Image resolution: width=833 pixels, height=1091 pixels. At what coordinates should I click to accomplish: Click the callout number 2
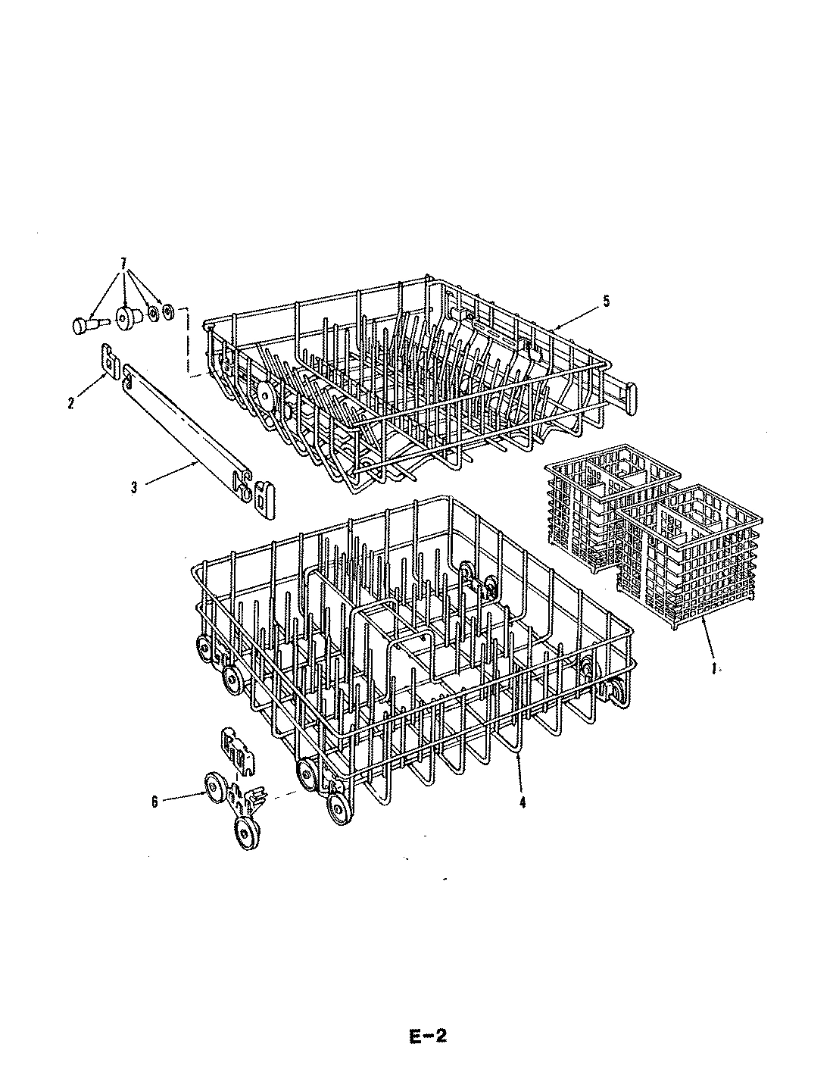pyautogui.click(x=71, y=404)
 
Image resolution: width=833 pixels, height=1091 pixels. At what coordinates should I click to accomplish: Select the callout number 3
pyautogui.click(x=134, y=487)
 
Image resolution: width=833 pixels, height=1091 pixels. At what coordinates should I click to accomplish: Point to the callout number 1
pyautogui.click(x=714, y=669)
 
